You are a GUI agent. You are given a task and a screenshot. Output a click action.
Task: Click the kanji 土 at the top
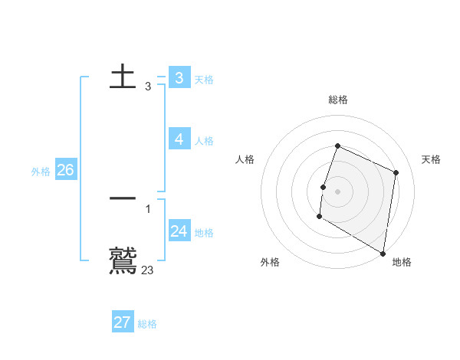click(123, 77)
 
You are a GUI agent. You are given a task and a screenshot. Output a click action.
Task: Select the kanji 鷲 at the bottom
click(123, 260)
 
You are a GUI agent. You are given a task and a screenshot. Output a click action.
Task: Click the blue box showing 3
click(179, 77)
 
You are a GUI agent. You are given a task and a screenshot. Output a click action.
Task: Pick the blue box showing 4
click(179, 139)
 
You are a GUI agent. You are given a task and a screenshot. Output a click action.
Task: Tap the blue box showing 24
click(179, 231)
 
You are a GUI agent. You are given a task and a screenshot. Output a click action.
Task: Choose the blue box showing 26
click(65, 170)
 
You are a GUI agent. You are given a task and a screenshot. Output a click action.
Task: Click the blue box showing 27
click(123, 322)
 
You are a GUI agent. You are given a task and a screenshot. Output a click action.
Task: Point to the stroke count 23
click(148, 270)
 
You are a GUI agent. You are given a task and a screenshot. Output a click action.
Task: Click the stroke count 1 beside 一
click(148, 208)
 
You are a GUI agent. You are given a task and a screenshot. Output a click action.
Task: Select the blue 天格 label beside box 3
click(204, 80)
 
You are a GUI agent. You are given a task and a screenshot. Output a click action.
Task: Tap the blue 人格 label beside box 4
click(204, 141)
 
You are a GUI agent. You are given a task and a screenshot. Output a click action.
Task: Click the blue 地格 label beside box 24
click(204, 233)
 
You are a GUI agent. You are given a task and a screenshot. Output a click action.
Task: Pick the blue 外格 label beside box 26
click(41, 172)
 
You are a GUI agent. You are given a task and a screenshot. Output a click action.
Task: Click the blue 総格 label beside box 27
click(147, 325)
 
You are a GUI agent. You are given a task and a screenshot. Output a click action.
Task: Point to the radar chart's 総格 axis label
click(338, 100)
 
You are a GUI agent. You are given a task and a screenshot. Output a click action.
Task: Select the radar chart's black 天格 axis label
click(431, 159)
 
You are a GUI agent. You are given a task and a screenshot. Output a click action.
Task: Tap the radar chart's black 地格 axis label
click(402, 262)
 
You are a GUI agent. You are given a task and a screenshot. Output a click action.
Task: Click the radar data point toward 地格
click(383, 252)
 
